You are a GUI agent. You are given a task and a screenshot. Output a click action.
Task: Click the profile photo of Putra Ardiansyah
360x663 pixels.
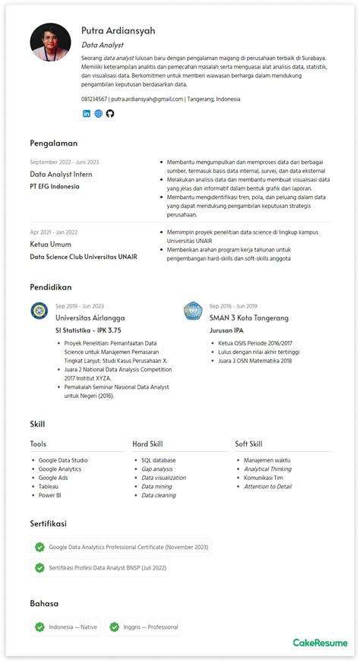(50, 43)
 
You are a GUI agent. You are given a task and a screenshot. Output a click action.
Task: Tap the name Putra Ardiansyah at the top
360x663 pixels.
(118, 30)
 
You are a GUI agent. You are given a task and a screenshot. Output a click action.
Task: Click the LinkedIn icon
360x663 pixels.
(87, 113)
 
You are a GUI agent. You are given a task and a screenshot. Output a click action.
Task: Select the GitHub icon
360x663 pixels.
(109, 113)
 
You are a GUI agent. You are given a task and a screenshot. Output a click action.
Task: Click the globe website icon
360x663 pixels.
(98, 113)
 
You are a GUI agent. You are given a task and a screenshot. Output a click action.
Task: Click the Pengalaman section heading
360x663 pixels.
(54, 143)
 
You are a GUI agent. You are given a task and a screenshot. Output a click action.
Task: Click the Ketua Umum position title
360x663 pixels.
(51, 245)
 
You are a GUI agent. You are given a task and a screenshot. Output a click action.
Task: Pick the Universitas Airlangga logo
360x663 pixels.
(39, 311)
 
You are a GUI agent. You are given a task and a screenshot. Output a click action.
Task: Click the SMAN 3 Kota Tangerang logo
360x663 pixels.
(193, 311)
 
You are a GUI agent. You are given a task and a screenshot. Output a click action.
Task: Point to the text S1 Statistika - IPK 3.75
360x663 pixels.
(88, 330)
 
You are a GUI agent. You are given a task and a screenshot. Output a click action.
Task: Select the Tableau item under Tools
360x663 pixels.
(49, 486)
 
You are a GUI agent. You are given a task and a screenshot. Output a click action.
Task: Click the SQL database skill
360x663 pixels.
(158, 460)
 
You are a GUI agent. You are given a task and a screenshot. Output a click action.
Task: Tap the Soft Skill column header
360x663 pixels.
(248, 444)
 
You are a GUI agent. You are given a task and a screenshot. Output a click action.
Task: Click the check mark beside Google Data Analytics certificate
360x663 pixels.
(39, 547)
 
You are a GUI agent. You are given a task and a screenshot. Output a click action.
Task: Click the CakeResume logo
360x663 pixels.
(320, 642)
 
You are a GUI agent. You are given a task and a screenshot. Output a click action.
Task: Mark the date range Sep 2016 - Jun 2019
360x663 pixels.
(233, 306)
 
